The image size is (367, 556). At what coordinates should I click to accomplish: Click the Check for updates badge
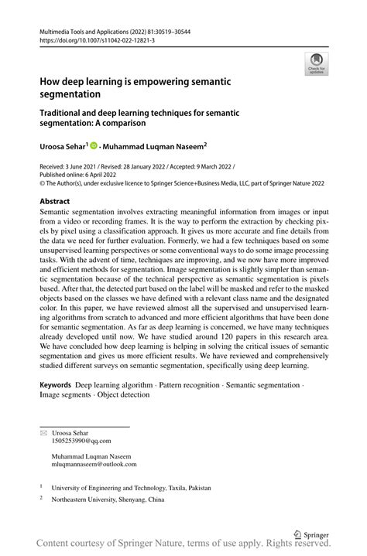coord(315,63)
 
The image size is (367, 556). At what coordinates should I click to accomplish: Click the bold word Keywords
coord(55,384)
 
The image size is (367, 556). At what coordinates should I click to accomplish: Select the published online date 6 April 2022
coord(99,176)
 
